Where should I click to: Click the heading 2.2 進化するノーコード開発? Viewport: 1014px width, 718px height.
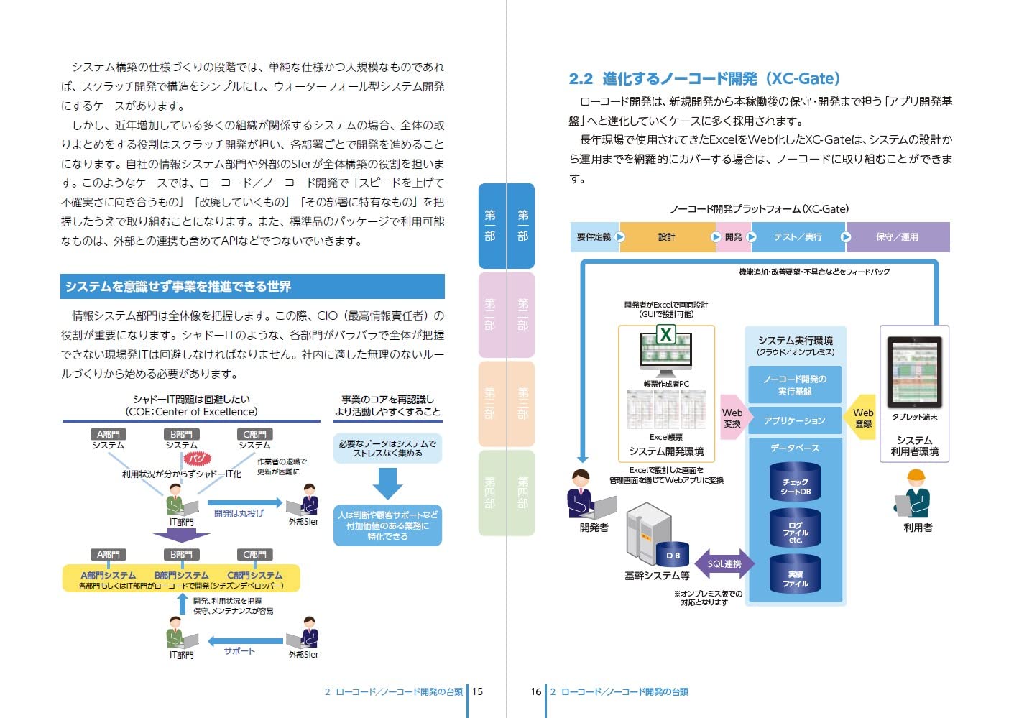(x=704, y=79)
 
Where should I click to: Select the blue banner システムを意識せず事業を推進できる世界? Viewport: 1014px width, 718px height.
(x=252, y=287)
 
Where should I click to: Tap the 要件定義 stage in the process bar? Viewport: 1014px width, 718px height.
(x=594, y=237)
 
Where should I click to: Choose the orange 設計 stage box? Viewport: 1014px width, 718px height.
(x=666, y=237)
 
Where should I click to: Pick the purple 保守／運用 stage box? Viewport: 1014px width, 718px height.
(x=897, y=237)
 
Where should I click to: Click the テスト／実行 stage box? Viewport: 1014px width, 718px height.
(x=798, y=237)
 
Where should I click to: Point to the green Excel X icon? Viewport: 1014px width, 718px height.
(x=666, y=334)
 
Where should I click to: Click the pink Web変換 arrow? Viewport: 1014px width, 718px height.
(x=734, y=418)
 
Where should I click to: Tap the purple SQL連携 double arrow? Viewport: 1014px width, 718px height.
(x=724, y=564)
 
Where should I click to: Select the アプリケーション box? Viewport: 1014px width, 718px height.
(x=794, y=420)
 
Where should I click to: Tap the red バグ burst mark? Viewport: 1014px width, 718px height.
(x=198, y=458)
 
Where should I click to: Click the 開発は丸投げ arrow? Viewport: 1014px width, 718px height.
(x=243, y=503)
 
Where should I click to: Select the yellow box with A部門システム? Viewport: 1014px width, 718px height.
(x=181, y=579)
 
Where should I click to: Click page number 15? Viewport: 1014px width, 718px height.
(x=477, y=691)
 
